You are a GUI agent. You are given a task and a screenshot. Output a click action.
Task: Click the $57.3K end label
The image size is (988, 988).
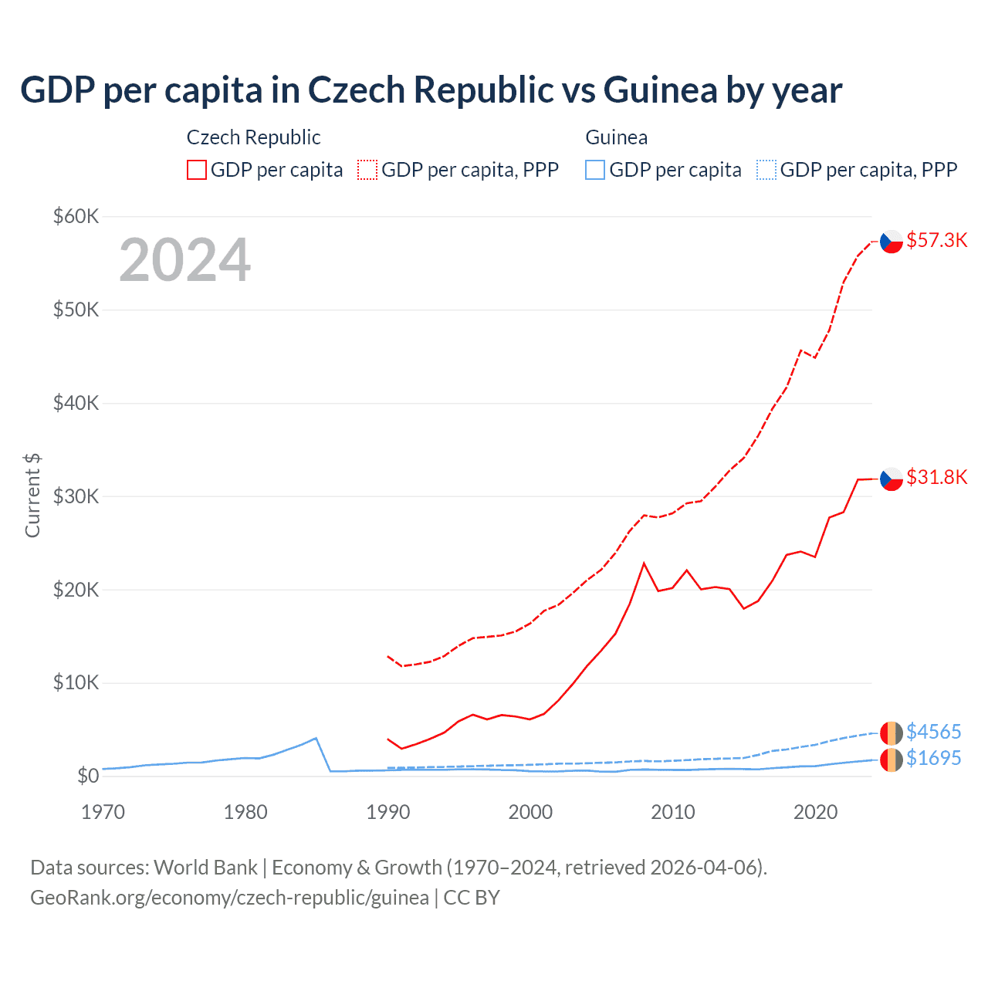(936, 241)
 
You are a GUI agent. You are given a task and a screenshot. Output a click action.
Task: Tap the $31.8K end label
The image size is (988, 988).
(936, 478)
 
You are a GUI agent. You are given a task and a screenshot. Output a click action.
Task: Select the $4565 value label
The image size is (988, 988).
(933, 732)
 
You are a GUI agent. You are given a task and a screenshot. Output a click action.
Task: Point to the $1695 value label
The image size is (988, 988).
(933, 759)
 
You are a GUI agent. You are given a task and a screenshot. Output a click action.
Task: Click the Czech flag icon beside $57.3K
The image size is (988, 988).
(892, 242)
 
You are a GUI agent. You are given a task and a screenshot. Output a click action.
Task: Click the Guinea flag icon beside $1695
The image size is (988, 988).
(892, 760)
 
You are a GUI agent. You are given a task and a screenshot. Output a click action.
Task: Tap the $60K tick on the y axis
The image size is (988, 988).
(76, 216)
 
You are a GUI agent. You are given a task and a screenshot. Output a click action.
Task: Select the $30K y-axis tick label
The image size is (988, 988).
(76, 496)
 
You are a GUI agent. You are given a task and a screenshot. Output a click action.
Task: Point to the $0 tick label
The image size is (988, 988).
(87, 776)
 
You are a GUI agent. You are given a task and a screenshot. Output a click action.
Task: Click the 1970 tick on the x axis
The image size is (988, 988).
(103, 812)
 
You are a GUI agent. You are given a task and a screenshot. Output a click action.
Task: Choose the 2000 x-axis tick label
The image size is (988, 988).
(530, 812)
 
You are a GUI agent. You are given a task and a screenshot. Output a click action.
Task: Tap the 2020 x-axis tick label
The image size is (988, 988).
(815, 812)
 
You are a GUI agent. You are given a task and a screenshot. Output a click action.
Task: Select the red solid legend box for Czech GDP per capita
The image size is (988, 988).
(197, 170)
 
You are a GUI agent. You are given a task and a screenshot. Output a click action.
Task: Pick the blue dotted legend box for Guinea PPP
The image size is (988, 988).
(766, 170)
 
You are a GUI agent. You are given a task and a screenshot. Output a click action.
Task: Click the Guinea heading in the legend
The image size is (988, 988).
(616, 137)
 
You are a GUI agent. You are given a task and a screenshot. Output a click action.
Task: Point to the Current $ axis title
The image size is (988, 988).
(32, 496)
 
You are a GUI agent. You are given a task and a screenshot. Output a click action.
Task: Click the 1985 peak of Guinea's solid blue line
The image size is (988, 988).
(316, 738)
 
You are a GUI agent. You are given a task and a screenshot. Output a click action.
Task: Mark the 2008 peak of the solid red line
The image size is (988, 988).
(644, 563)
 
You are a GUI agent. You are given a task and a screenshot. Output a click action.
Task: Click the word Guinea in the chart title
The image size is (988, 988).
(660, 90)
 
